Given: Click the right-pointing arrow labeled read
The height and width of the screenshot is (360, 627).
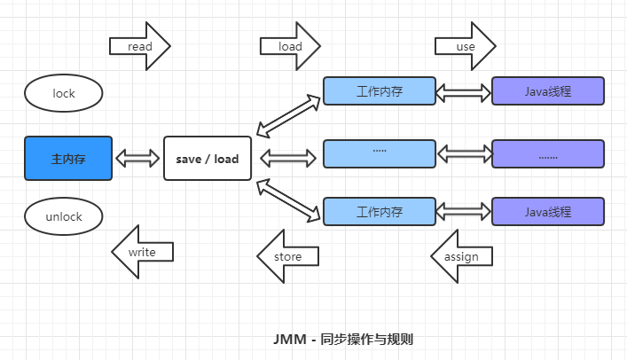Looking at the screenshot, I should pyautogui.click(x=139, y=46).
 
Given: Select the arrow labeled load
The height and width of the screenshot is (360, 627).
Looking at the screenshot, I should pyautogui.click(x=290, y=46).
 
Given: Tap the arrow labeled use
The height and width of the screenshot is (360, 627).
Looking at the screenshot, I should pyautogui.click(x=465, y=46).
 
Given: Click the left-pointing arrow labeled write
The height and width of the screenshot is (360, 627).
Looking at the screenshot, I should pyautogui.click(x=142, y=253).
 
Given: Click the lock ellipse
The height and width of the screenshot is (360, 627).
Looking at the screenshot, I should pyautogui.click(x=64, y=93).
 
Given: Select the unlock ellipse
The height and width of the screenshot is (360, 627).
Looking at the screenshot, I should pyautogui.click(x=64, y=215).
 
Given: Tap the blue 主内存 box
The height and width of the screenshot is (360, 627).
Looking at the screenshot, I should pyautogui.click(x=68, y=159).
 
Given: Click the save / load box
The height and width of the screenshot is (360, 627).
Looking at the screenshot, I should pyautogui.click(x=208, y=159).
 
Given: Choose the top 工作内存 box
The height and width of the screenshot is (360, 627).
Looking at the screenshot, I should pyautogui.click(x=380, y=91).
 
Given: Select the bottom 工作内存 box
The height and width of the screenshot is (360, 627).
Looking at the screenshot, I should pyautogui.click(x=380, y=212).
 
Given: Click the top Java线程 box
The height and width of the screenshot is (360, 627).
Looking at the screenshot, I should pyautogui.click(x=547, y=91).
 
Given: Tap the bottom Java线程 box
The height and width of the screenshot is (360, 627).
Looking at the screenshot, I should pyautogui.click(x=547, y=212).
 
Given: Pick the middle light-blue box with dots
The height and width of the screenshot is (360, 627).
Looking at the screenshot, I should pyautogui.click(x=380, y=153).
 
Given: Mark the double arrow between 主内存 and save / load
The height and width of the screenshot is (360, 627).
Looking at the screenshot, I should pyautogui.click(x=137, y=159).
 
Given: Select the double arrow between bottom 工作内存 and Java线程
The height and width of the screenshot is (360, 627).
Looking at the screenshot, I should pyautogui.click(x=464, y=211).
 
